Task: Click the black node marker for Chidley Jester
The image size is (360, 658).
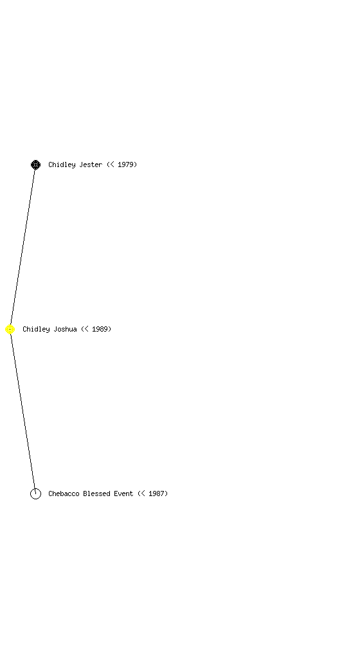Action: (35, 164)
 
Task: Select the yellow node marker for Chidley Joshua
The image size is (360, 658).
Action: (10, 330)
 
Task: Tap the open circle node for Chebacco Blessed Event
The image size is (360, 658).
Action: (35, 493)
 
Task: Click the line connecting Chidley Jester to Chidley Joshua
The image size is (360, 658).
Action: (22, 247)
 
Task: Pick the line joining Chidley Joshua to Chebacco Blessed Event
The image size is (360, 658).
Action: (22, 411)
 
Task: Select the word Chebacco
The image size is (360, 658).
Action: (64, 493)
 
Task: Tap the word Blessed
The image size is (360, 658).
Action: (96, 493)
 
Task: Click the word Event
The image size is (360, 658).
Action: (123, 493)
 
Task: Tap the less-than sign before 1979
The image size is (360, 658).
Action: (112, 164)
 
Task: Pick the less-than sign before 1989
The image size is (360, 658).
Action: (86, 329)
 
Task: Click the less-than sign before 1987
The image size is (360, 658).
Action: (143, 493)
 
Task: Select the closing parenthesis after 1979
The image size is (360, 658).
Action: (136, 164)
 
